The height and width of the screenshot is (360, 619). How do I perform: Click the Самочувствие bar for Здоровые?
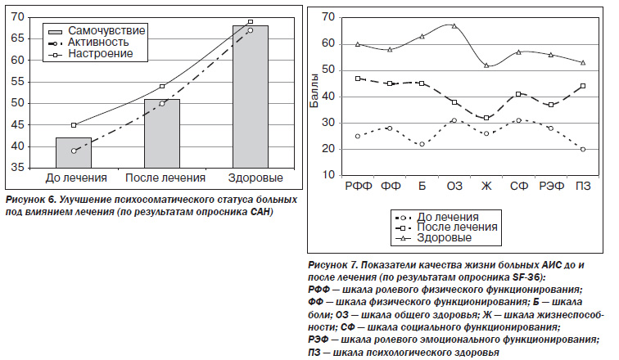pyautogui.click(x=251, y=97)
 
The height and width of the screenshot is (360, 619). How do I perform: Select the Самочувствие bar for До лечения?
pyautogui.click(x=74, y=153)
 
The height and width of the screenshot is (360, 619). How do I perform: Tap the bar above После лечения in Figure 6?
pyautogui.click(x=162, y=133)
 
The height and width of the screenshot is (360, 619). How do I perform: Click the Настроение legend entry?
pyautogui.click(x=90, y=54)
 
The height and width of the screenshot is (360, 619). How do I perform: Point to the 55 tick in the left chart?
pyautogui.click(x=20, y=82)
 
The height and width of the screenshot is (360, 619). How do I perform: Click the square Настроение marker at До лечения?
pyautogui.click(x=74, y=125)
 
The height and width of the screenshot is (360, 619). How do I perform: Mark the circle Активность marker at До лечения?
pyautogui.click(x=74, y=151)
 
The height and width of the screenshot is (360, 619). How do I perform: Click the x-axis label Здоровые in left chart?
pyautogui.click(x=255, y=178)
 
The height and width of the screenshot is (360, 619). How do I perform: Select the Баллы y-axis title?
pyautogui.click(x=314, y=91)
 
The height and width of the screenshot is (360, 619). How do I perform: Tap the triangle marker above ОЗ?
pyautogui.click(x=454, y=26)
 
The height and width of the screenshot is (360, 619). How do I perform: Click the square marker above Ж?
pyautogui.click(x=486, y=118)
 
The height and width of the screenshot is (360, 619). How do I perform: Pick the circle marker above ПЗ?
pyautogui.click(x=583, y=150)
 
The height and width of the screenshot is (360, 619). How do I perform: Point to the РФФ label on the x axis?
pyautogui.click(x=359, y=186)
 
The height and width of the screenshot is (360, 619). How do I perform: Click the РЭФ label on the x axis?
pyautogui.click(x=552, y=186)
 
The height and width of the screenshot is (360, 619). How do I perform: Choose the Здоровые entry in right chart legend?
pyautogui.click(x=433, y=238)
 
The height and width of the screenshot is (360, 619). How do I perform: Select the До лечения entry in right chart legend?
pyautogui.click(x=437, y=217)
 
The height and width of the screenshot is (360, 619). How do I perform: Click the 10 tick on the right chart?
pyautogui.click(x=328, y=175)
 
